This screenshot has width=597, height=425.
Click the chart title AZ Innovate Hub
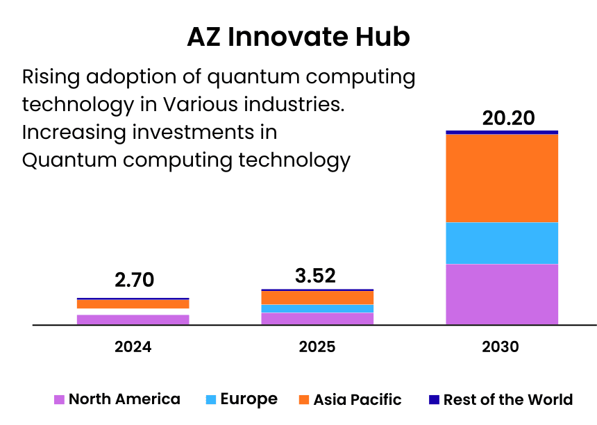click(298, 37)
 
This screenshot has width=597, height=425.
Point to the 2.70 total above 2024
click(133, 281)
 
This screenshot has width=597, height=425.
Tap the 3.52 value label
click(315, 276)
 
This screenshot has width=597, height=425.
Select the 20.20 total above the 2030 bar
click(509, 118)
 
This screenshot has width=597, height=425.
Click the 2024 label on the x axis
click(133, 347)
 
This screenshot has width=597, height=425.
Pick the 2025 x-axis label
click(317, 347)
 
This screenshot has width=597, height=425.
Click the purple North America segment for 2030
click(502, 294)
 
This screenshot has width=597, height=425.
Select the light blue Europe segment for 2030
click(502, 243)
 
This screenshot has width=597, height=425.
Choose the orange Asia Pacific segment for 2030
click(502, 178)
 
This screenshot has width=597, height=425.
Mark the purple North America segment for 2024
click(133, 319)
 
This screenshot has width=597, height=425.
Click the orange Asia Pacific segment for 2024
click(133, 304)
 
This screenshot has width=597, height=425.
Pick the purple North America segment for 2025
click(317, 319)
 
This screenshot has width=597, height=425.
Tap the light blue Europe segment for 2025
click(317, 308)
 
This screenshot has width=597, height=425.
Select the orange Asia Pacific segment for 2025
click(317, 297)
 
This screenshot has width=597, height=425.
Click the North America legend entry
click(117, 399)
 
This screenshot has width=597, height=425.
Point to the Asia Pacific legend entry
click(350, 400)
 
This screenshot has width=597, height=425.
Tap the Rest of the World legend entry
click(501, 400)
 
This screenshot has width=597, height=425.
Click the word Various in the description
click(196, 105)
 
